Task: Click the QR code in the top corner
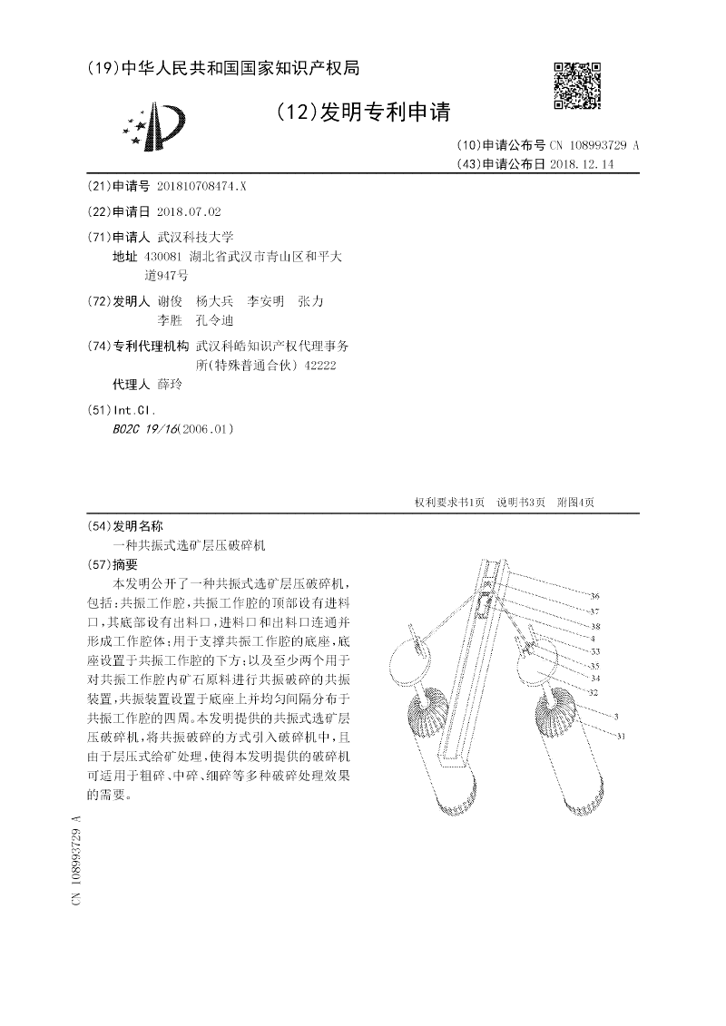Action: point(577,86)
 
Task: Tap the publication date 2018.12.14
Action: point(582,164)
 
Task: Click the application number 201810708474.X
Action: point(201,185)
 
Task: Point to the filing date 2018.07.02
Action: point(189,211)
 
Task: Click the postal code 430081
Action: point(163,257)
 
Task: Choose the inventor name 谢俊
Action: point(170,300)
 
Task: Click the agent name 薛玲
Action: point(170,385)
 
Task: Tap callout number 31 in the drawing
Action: point(622,737)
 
